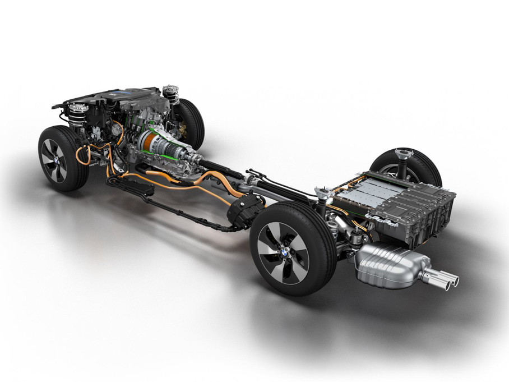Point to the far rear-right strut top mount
tap(402, 153)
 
